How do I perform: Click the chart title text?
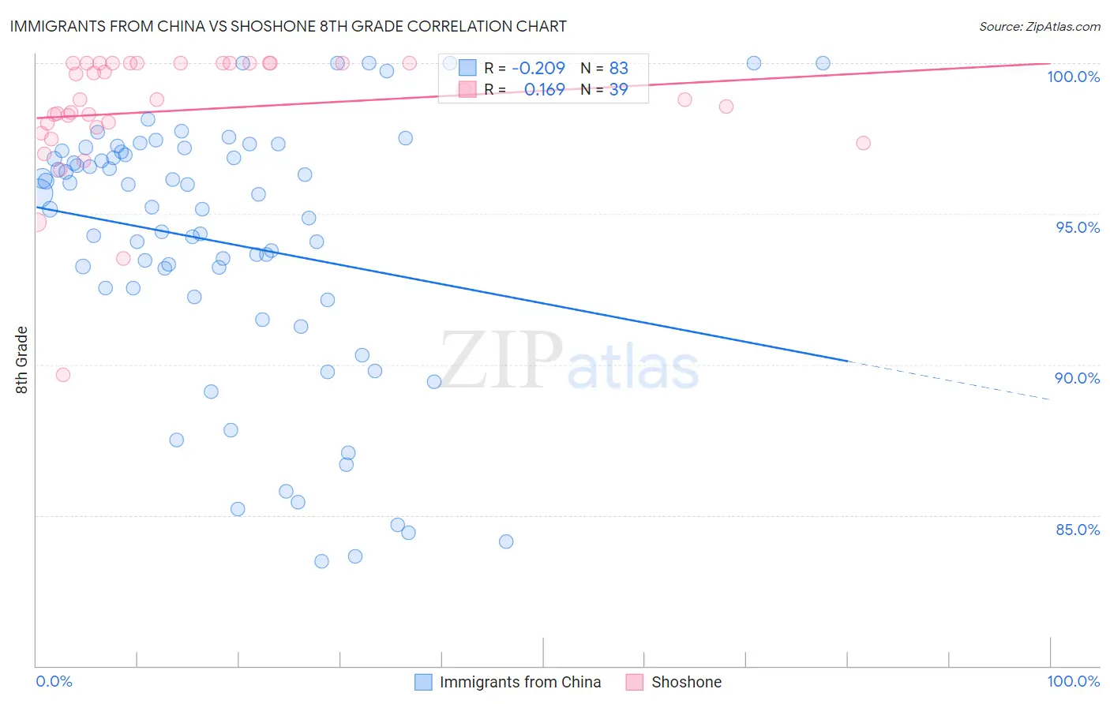287,26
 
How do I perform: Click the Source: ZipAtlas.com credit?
1039,26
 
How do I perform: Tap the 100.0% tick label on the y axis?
1073,77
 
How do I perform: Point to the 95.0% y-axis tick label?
1078,227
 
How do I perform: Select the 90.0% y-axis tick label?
1078,378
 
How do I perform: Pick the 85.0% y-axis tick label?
1078,530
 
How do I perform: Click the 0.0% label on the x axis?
54,681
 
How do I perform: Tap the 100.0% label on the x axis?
1073,681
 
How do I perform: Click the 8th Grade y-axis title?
21,360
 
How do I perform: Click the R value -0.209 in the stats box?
538,69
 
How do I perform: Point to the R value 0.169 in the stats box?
544,90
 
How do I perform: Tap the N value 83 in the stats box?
618,69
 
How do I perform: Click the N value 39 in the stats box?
618,90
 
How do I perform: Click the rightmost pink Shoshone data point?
863,143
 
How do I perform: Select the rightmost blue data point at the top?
823,63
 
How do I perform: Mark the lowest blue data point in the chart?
321,561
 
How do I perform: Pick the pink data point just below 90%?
63,375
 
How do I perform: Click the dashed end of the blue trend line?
947,380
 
